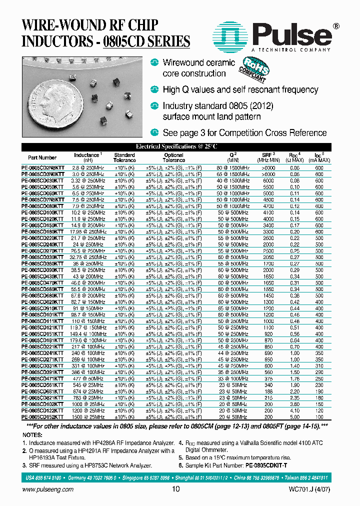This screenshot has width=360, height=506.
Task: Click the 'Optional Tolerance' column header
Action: tap(173, 157)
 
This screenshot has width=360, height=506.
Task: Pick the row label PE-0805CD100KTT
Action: tap(42, 213)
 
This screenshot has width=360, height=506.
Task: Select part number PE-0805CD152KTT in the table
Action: tap(42, 416)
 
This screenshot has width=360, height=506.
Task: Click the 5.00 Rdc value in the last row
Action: tap(295, 416)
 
